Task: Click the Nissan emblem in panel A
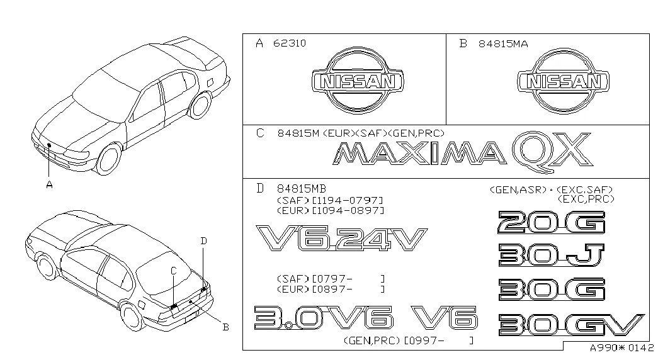click(x=358, y=81)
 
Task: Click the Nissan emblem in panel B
click(x=563, y=81)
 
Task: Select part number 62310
click(x=290, y=43)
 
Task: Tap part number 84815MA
click(x=503, y=43)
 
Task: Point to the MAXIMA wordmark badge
click(x=419, y=153)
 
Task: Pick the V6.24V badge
click(x=341, y=239)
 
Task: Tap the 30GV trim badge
click(x=571, y=325)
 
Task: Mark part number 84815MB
click(x=302, y=189)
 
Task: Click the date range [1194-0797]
click(x=348, y=200)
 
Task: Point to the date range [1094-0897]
click(x=348, y=210)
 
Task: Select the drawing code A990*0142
click(x=621, y=348)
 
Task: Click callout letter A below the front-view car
click(x=50, y=184)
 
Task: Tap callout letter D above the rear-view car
click(x=203, y=241)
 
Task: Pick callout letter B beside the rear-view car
click(x=225, y=327)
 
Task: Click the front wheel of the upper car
click(x=108, y=159)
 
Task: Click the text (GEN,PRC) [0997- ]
click(x=409, y=340)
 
